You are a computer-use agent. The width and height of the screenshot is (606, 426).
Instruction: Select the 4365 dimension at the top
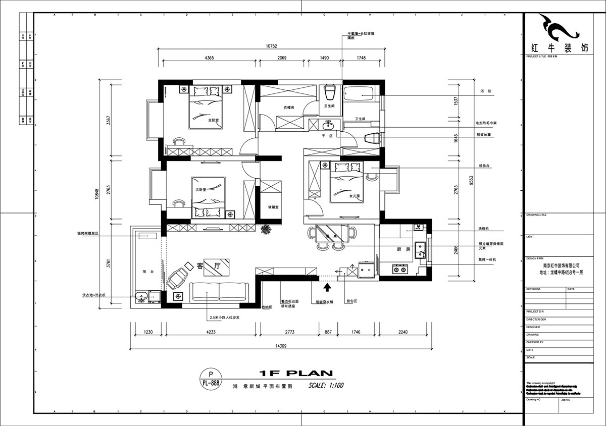point(210,58)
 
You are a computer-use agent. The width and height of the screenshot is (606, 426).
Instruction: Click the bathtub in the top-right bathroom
point(359,94)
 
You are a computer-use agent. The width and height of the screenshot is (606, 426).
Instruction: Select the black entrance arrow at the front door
point(327,287)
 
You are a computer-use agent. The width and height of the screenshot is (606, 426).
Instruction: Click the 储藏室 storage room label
point(274,207)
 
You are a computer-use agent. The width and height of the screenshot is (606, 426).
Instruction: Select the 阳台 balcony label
point(148,272)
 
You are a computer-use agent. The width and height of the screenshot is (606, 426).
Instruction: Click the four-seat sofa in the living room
point(219,292)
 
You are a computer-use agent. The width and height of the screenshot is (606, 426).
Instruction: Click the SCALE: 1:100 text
point(326,386)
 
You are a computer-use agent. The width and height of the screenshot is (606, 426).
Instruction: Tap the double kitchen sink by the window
point(420,249)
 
